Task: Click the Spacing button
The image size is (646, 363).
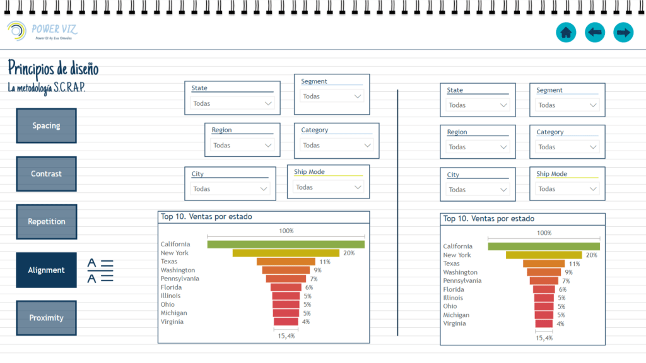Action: tap(46, 125)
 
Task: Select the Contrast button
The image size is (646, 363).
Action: tap(46, 174)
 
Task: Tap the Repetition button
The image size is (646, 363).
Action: tap(46, 222)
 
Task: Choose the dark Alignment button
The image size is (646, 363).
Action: tap(46, 270)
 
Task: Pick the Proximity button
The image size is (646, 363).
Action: tap(46, 318)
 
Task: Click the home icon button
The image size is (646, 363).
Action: tap(566, 32)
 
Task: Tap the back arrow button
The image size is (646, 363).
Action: tap(595, 32)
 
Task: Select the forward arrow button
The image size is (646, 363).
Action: tap(623, 32)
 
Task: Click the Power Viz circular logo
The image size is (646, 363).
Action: tap(16, 30)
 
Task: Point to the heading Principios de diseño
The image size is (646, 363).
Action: tap(53, 68)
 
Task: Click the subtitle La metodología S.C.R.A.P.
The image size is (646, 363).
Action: tap(47, 88)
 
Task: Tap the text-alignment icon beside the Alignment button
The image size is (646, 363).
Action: tap(100, 270)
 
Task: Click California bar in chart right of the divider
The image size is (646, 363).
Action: tap(543, 246)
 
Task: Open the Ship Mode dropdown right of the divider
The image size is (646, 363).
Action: tap(567, 189)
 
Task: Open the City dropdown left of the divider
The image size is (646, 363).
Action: tap(231, 188)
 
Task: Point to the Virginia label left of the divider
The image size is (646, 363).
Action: tap(172, 321)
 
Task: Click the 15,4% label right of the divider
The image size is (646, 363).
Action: tap(544, 338)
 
